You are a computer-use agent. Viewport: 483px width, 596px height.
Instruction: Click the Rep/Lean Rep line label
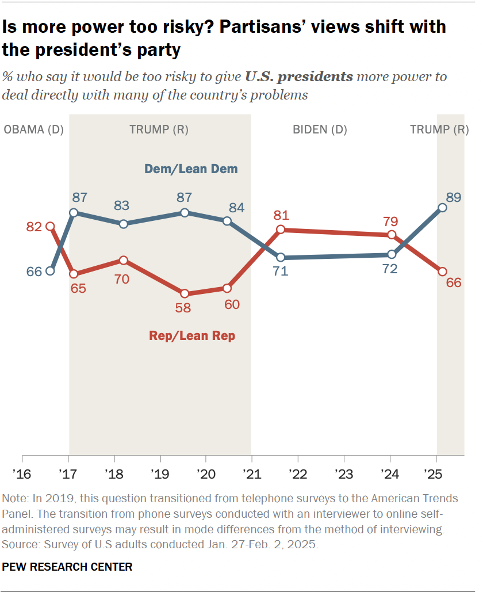coord(192,336)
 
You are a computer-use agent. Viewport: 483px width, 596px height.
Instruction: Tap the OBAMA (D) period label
coord(33,129)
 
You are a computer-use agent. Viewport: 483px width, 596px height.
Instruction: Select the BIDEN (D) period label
coord(320,129)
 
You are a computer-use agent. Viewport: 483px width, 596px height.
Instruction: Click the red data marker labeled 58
coord(185,293)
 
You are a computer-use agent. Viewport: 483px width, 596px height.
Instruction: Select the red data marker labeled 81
coord(281,230)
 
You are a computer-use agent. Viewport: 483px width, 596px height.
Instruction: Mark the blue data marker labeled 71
coord(281,257)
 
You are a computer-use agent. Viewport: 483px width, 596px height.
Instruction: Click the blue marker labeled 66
coord(50,271)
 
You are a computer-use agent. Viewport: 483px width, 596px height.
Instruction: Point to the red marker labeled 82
coord(50,227)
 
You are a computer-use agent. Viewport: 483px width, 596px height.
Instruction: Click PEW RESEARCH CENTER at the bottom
coord(67,567)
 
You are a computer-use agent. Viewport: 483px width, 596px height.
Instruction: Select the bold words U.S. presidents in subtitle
coord(299,77)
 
